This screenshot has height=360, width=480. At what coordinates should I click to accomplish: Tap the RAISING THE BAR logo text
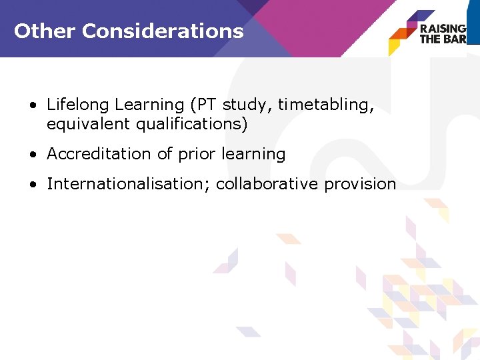pos(442,33)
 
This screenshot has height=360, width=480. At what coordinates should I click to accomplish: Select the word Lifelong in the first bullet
pos(78,105)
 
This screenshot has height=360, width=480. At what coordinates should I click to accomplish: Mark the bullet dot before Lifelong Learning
pos(33,106)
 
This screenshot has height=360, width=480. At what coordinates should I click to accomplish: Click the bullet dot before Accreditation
pos(33,155)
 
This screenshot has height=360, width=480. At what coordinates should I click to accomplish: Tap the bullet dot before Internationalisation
pos(33,185)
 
